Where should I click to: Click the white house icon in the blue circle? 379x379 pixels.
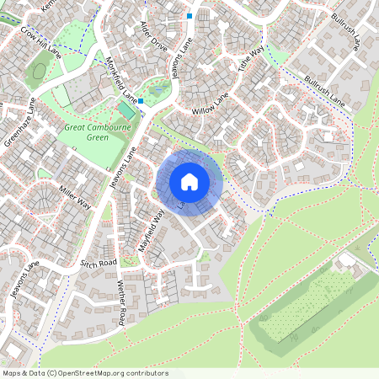(189, 181)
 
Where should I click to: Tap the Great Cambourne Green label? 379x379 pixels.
(98, 132)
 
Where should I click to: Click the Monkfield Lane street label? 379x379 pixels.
(122, 77)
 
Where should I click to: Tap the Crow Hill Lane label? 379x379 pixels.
(41, 40)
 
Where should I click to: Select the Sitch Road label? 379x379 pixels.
(98, 264)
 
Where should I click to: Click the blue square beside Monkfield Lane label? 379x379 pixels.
(141, 101)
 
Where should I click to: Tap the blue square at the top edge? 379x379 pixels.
(189, 15)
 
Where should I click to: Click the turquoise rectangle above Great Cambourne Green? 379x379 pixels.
(125, 111)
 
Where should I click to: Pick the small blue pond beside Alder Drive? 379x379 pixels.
(157, 88)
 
